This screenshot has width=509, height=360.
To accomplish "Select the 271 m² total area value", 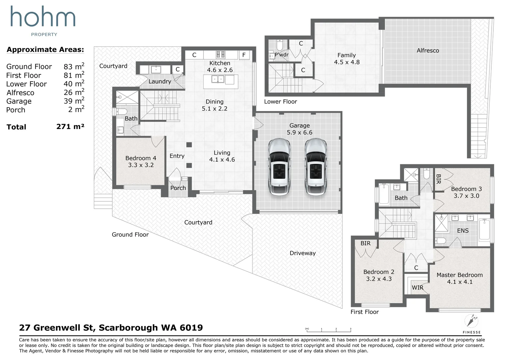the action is pyautogui.click(x=70, y=126).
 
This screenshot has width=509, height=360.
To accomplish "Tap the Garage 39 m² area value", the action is pyautogui.click(x=74, y=101).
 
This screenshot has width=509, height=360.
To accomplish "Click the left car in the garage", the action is pyautogui.click(x=279, y=167).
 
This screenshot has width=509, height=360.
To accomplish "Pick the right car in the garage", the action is pyautogui.click(x=315, y=167).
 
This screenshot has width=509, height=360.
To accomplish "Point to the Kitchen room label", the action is pyautogui.click(x=220, y=63).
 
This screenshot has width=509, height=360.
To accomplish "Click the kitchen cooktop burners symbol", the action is pyautogui.click(x=221, y=55).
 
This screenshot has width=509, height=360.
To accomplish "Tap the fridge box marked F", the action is pyautogui.click(x=244, y=55).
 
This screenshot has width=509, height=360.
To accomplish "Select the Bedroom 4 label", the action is pyautogui.click(x=141, y=158).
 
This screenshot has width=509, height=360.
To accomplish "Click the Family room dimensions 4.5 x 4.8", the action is pyautogui.click(x=347, y=62).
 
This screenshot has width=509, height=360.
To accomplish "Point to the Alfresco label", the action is pyautogui.click(x=428, y=50).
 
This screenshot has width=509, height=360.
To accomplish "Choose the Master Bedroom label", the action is pyautogui.click(x=460, y=275).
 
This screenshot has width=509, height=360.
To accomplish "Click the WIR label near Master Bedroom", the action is pyautogui.click(x=418, y=288).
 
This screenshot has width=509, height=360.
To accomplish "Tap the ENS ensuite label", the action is pyautogui.click(x=463, y=231).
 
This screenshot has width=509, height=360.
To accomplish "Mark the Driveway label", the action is pyautogui.click(x=303, y=253).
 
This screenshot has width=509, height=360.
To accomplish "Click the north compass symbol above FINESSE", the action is pyautogui.click(x=471, y=321).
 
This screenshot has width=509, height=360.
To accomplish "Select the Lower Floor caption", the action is pyautogui.click(x=280, y=102).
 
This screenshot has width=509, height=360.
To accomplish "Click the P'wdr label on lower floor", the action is pyautogui.click(x=282, y=55).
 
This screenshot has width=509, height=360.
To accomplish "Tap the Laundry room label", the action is pyautogui.click(x=160, y=82).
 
